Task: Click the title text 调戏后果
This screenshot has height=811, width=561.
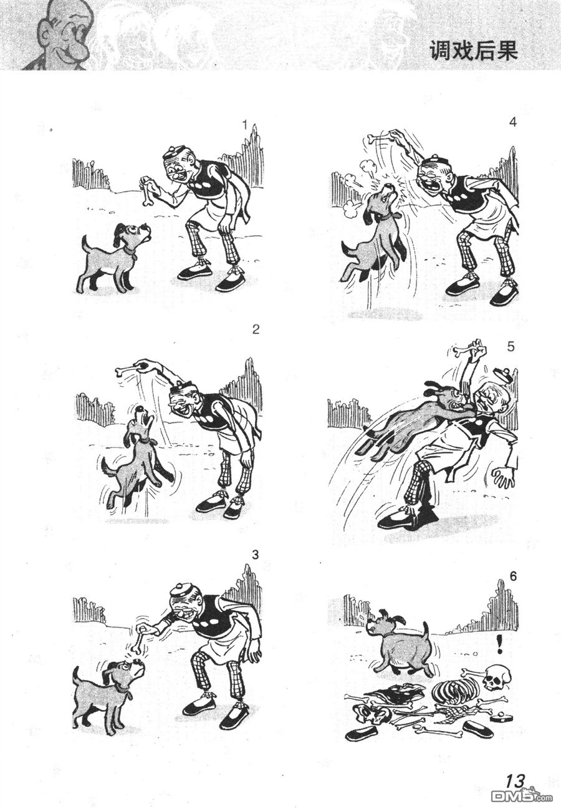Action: click(473, 51)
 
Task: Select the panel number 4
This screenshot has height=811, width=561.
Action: click(512, 122)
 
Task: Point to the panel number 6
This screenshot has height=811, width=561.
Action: click(512, 576)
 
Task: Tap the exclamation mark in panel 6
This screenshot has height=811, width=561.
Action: click(499, 644)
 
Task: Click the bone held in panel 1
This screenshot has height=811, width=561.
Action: click(147, 191)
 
